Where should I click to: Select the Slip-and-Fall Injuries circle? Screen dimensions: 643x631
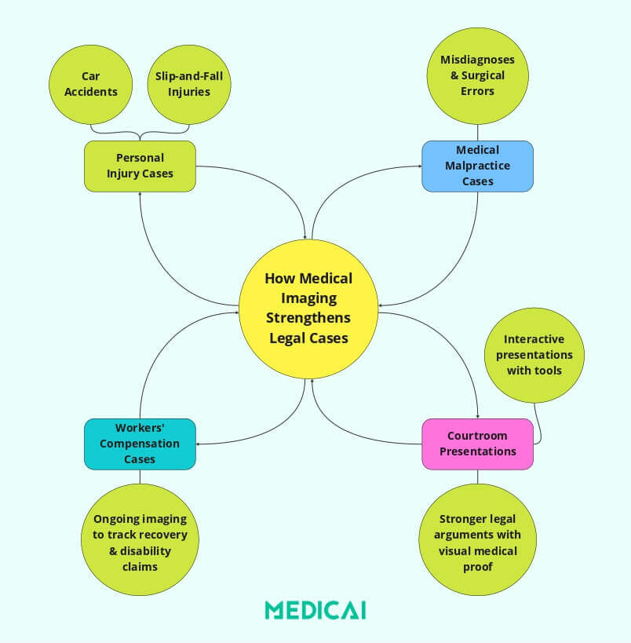[x=189, y=84]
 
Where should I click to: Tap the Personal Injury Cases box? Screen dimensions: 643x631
[x=140, y=166]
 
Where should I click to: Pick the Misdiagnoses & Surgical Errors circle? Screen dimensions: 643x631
[x=477, y=75]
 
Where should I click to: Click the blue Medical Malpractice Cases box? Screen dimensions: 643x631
[x=477, y=166]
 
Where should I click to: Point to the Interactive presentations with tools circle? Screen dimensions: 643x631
[x=534, y=355]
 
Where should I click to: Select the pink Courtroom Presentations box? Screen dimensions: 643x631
[x=477, y=444]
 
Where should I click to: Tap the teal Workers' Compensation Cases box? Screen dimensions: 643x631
[x=140, y=444]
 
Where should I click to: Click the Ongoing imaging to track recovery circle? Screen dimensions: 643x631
[x=140, y=543]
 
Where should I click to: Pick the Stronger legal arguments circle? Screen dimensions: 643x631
[x=477, y=543]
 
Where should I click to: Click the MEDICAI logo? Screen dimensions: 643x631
[x=315, y=610]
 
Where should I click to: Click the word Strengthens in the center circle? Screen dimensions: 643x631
[x=308, y=318]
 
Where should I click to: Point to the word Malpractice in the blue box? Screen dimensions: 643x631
[x=477, y=166]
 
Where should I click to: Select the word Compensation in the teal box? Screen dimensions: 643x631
[x=140, y=444]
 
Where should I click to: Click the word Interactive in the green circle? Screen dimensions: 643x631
[x=534, y=340]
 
